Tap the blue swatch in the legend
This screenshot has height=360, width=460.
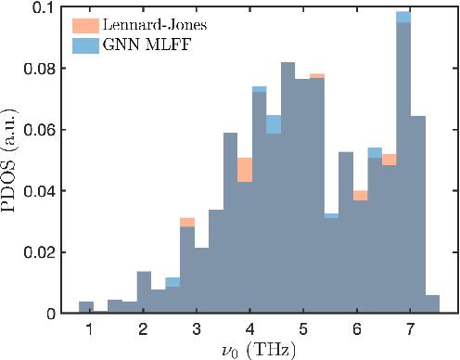point(87,43)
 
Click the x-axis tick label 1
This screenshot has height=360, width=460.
point(89,329)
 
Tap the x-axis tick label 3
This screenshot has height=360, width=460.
point(197,329)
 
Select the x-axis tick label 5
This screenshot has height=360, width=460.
point(303,329)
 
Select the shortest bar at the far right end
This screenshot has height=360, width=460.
point(432,304)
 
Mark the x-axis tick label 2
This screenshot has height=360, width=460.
point(143,329)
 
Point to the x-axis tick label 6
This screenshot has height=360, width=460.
point(357,329)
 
